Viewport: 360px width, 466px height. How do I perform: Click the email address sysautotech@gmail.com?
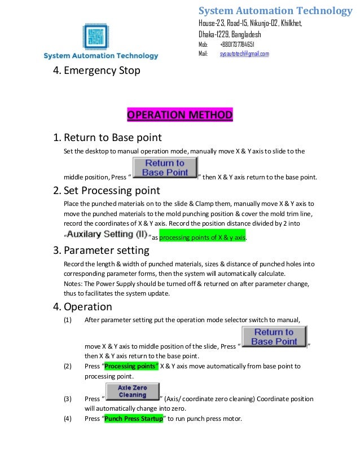244,54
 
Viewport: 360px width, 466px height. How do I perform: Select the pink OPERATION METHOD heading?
179,116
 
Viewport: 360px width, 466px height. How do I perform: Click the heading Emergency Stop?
96,71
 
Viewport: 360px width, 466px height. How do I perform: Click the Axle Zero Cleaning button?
133,392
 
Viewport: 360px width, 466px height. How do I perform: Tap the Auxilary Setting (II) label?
107,234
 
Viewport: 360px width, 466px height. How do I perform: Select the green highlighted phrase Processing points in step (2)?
130,366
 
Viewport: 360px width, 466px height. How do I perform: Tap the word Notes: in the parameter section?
74,284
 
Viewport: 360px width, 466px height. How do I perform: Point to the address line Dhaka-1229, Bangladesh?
229,34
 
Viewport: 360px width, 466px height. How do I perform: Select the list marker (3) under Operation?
68,399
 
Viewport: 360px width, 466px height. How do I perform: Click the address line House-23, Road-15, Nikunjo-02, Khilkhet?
250,23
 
